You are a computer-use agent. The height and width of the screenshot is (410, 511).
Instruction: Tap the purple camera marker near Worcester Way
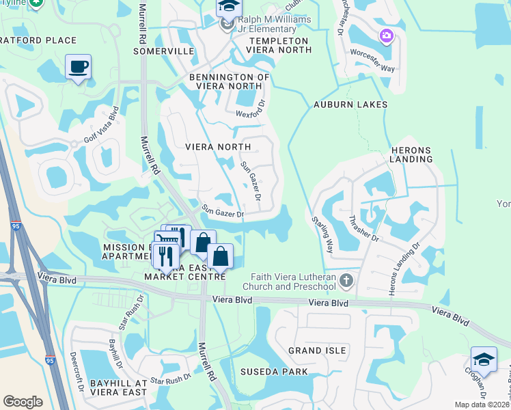(387, 35)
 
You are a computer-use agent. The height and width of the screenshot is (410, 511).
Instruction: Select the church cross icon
(347, 281)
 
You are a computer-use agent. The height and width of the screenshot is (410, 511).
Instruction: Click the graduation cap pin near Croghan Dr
(484, 359)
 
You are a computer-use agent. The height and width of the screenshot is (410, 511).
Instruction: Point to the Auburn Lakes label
(350, 105)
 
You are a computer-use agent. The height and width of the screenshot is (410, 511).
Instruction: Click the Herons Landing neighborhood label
(412, 154)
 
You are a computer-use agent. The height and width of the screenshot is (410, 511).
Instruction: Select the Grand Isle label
(312, 351)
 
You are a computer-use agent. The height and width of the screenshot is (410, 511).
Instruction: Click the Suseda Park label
(273, 372)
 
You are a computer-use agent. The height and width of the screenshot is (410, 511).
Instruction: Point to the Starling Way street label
(322, 234)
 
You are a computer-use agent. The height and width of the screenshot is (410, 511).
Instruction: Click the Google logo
(23, 401)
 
